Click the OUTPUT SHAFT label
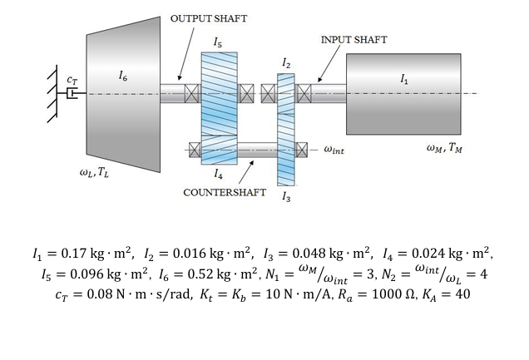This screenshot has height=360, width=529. (x=209, y=18)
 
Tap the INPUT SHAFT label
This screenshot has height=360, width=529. (x=353, y=39)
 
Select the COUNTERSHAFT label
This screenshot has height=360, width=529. (x=225, y=192)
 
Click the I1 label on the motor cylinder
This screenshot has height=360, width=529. (x=404, y=80)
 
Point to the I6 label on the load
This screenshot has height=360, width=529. (x=123, y=77)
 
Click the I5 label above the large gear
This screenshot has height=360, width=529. (x=218, y=42)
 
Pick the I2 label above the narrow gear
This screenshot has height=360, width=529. (x=286, y=63)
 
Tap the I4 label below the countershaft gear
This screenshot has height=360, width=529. (x=218, y=175)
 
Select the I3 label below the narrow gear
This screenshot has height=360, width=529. (x=286, y=197)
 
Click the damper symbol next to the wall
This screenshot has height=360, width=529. (x=73, y=94)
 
